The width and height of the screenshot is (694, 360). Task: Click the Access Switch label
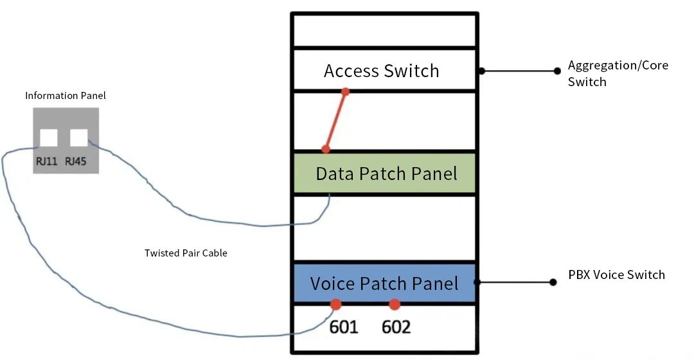(381, 71)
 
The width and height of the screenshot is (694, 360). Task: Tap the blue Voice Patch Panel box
(384, 283)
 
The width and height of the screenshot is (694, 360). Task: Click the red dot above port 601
(335, 304)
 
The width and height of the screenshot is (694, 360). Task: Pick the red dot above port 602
(395, 304)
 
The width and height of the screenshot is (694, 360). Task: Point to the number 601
(344, 327)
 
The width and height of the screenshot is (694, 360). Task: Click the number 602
(396, 327)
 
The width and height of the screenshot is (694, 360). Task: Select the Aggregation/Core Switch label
(618, 73)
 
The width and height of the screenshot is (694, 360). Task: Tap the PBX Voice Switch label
(616, 275)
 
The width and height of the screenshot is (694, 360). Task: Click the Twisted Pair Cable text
(186, 253)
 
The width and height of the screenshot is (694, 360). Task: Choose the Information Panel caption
(66, 96)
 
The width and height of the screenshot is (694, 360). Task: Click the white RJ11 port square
(49, 138)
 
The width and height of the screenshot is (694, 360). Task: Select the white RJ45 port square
(78, 138)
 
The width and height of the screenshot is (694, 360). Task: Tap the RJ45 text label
(76, 161)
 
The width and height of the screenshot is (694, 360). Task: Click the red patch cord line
(335, 121)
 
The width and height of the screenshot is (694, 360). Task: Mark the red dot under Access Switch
(345, 92)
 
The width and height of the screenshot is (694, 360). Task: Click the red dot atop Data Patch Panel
(326, 149)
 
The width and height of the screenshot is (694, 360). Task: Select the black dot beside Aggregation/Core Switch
(556, 71)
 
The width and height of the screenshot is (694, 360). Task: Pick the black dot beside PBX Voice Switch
(553, 282)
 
